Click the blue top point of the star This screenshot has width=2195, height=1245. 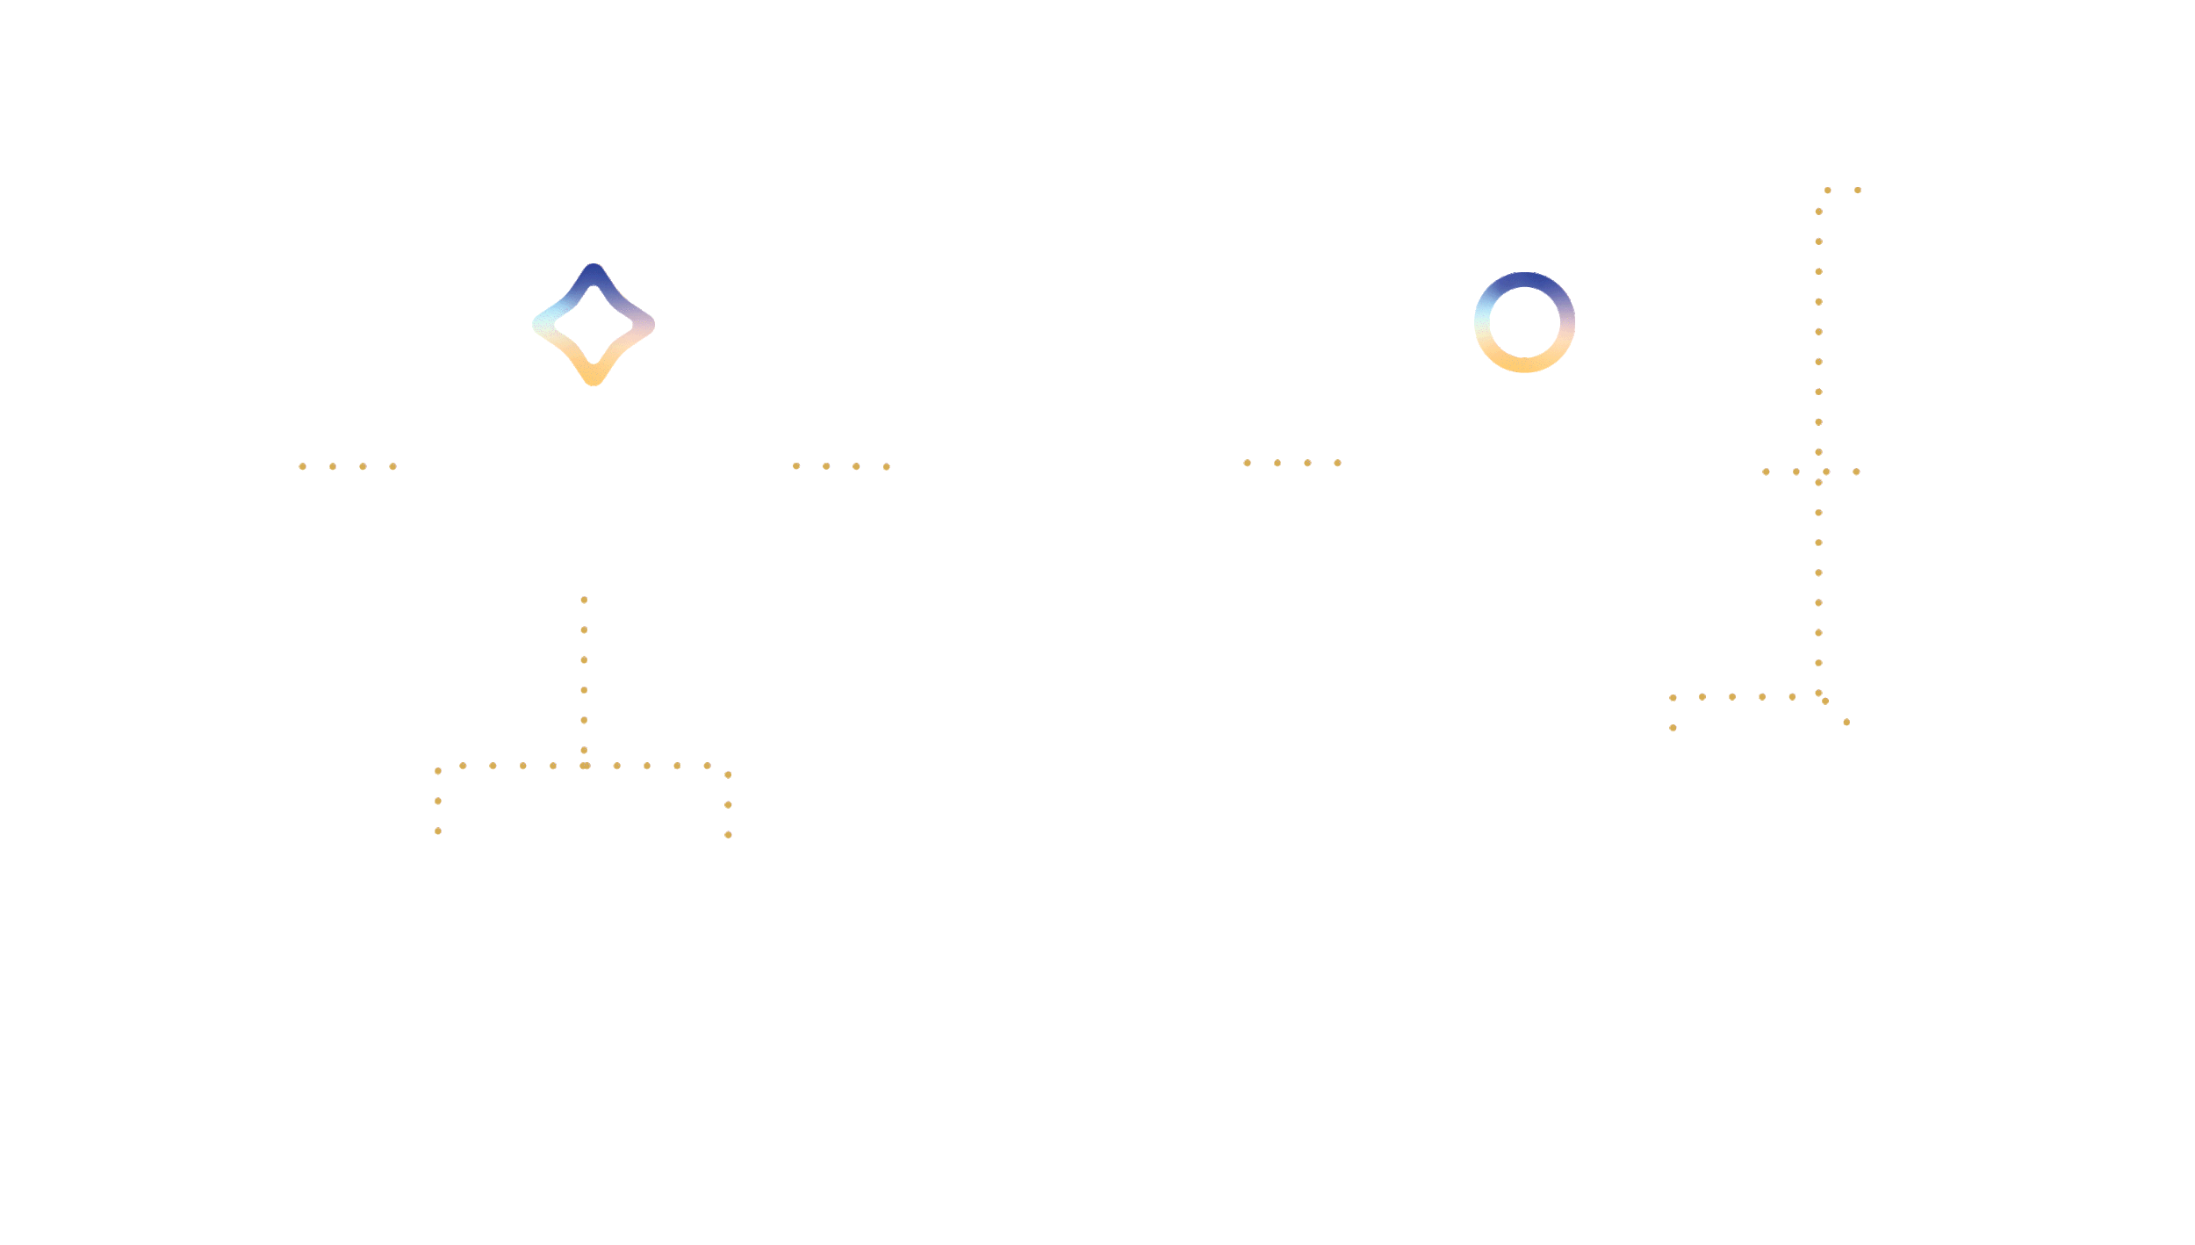(x=594, y=271)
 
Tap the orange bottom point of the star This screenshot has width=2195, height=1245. (x=594, y=378)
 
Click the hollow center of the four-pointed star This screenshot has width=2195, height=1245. (x=594, y=325)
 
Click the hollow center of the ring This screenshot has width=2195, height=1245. (x=1524, y=322)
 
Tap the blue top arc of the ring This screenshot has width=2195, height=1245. (x=1524, y=279)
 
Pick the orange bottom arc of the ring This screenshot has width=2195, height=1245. (x=1524, y=365)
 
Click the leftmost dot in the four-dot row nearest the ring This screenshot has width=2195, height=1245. (x=1247, y=463)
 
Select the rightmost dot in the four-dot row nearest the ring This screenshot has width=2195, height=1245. (x=1337, y=463)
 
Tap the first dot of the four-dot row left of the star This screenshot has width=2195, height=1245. (x=302, y=466)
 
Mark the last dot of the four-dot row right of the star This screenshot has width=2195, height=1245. (x=887, y=466)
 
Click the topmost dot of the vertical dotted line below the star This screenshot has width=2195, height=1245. (x=584, y=600)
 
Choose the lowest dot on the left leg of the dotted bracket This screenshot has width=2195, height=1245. (x=437, y=831)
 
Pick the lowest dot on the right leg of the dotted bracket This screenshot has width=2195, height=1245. (x=728, y=834)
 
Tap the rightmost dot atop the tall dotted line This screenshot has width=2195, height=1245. (x=1857, y=190)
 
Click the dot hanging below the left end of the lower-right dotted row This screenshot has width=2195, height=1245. (x=1673, y=728)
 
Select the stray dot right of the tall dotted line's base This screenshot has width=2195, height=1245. (x=1846, y=723)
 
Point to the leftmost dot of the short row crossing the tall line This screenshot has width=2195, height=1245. (x=1766, y=471)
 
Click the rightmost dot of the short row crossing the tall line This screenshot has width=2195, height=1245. (x=1856, y=471)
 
